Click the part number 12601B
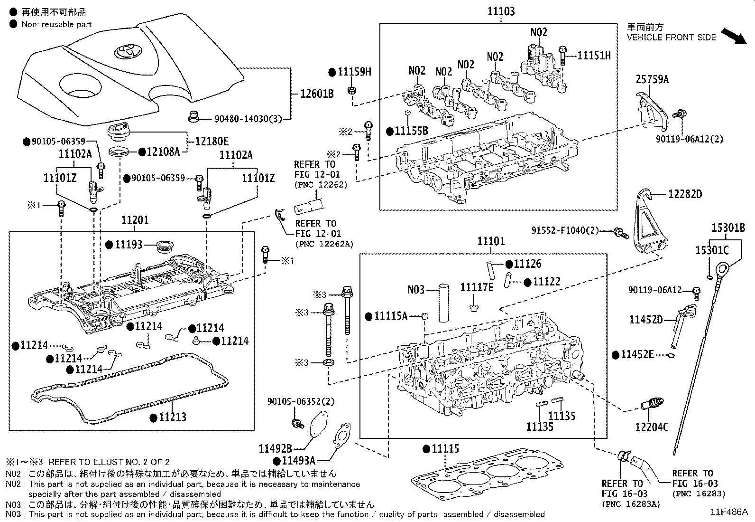pos(317,94)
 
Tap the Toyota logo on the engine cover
pos(126,51)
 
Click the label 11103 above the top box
pos(501,11)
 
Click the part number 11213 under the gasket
pos(172,417)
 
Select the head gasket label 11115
pos(445,448)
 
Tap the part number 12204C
pos(652,427)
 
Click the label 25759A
pos(652,79)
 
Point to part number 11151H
pos(594,56)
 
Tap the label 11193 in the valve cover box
pos(129,245)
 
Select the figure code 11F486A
pos(728,512)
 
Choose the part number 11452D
pos(645,320)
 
